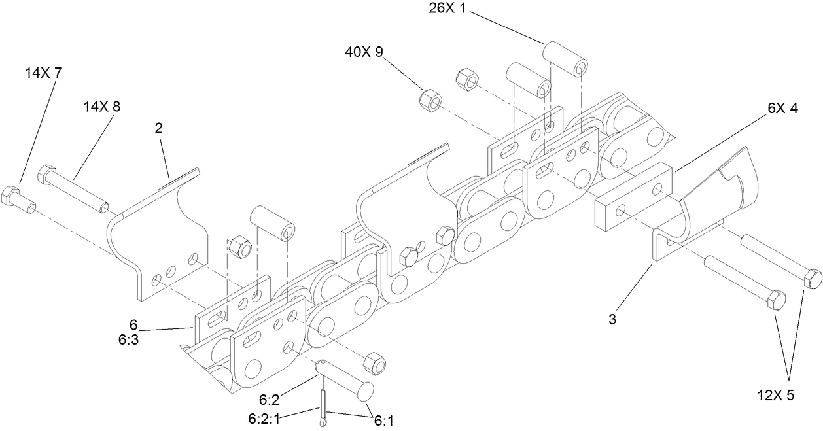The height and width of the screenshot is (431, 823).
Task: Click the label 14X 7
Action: [44, 74]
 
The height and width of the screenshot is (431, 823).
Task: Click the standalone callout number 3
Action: [613, 320]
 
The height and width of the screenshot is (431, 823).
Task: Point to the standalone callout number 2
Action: [158, 128]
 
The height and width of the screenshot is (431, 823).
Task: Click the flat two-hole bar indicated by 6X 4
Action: [633, 197]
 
